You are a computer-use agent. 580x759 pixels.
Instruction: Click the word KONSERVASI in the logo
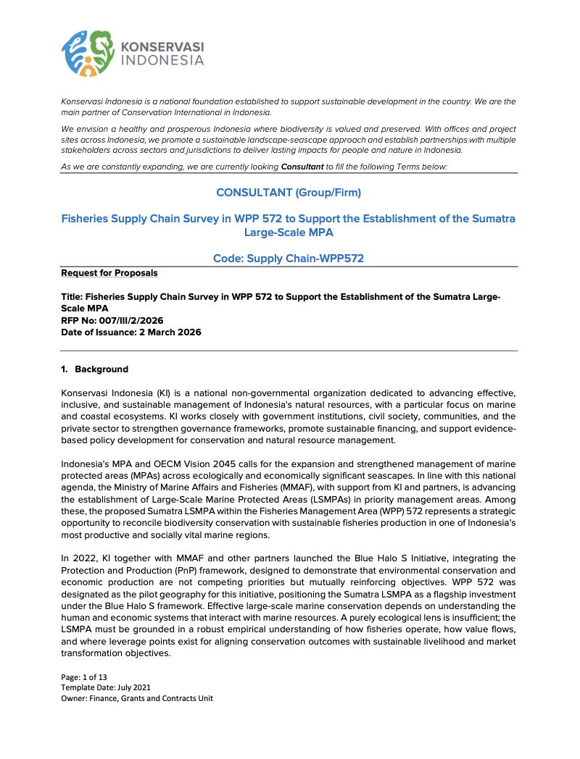pyautogui.click(x=161, y=47)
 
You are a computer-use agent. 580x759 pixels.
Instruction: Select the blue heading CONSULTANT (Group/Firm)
pyautogui.click(x=289, y=192)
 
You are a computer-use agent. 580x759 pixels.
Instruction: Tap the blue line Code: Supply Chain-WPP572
pyautogui.click(x=289, y=259)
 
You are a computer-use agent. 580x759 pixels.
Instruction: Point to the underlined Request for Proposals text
pyautogui.click(x=109, y=273)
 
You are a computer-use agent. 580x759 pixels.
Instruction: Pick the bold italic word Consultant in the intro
pyautogui.click(x=302, y=167)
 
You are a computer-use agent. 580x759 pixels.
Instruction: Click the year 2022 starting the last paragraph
pyautogui.click(x=84, y=558)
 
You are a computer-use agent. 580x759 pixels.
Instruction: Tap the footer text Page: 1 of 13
pyautogui.click(x=86, y=676)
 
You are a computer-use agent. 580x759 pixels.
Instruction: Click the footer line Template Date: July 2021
pyautogui.click(x=106, y=687)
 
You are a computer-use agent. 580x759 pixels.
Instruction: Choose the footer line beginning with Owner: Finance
pyautogui.click(x=137, y=698)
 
